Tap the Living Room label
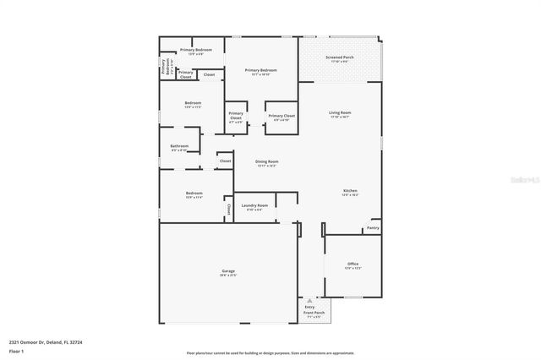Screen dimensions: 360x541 coord(340,112)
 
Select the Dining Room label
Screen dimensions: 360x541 coord(267,161)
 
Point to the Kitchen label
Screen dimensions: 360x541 coord(350,192)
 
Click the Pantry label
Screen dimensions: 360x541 coord(372,227)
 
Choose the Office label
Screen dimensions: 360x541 coord(352,264)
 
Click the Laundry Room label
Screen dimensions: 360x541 coord(254,205)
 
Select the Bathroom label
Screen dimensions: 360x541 coord(179,146)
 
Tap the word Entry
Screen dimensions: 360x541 coord(309,308)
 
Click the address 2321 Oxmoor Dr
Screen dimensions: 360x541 coord(29,342)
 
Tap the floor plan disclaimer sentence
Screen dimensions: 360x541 coord(271,352)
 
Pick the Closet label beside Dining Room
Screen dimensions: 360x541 coord(226,161)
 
